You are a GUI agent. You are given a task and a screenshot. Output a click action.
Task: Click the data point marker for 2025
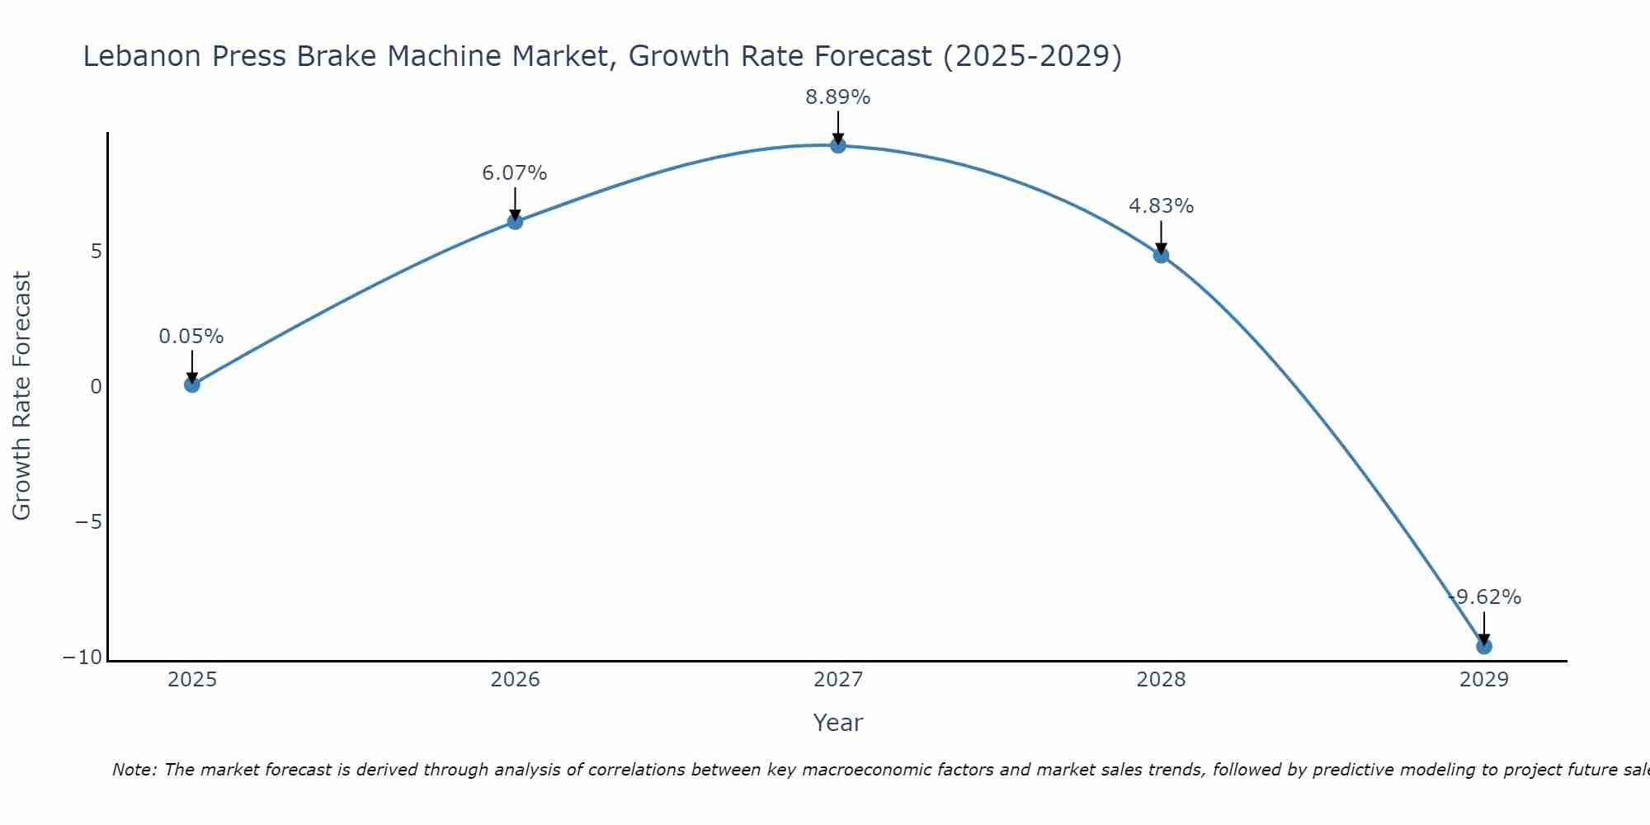tap(192, 384)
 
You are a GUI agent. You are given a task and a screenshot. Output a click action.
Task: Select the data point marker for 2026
tap(515, 221)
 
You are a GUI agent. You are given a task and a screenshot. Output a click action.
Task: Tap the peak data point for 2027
tap(838, 145)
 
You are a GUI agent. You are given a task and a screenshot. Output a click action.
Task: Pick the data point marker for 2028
tap(1161, 255)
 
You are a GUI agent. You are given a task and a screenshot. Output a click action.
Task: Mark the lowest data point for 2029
tap(1484, 646)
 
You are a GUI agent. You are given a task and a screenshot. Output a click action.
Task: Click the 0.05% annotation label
tap(191, 337)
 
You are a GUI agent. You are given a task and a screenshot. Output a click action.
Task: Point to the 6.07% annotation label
tap(515, 173)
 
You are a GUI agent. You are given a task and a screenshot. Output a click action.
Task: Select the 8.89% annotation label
tap(838, 97)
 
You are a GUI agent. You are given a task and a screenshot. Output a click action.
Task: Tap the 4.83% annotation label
tap(1161, 206)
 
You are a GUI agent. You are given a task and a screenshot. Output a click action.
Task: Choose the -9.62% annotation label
tap(1484, 597)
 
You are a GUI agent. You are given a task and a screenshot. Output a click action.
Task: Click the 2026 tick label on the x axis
tap(515, 680)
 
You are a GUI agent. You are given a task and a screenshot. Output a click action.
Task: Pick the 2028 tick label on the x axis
tap(1161, 680)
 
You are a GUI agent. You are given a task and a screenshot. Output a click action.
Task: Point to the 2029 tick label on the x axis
tap(1484, 680)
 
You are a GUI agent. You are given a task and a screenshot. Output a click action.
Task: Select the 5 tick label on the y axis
tap(97, 252)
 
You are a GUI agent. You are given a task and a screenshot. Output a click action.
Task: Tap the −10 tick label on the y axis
tap(83, 658)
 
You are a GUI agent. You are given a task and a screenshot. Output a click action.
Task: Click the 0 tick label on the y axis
tap(97, 387)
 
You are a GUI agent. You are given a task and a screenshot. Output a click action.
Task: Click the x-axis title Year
tap(838, 723)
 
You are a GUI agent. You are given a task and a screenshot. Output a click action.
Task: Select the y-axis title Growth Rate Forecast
tap(21, 396)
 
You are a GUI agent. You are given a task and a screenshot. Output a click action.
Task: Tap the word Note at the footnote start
tap(132, 770)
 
